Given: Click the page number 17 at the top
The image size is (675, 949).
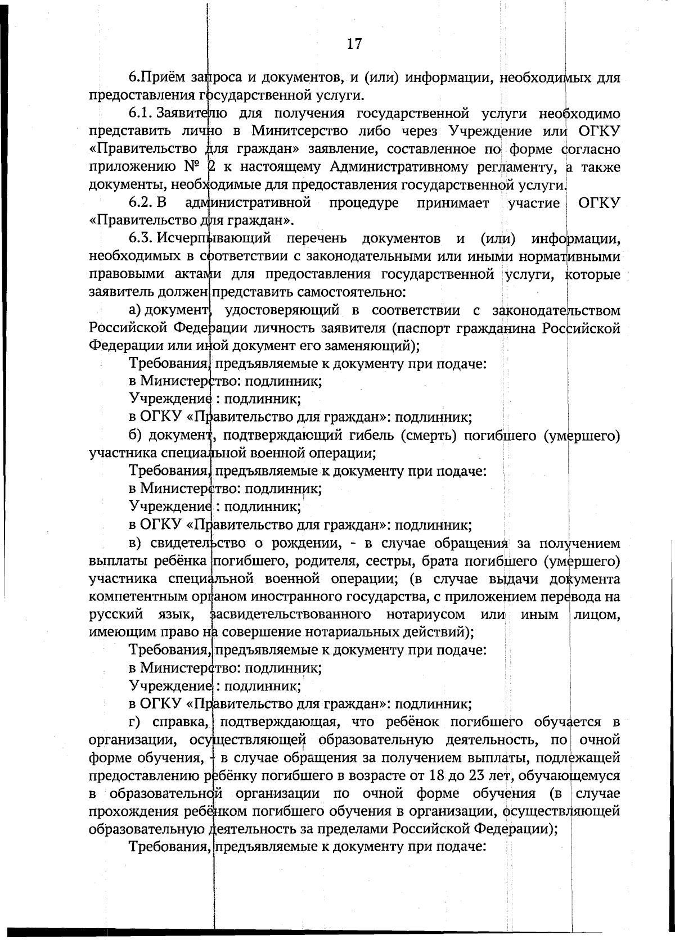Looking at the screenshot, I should pos(354,43).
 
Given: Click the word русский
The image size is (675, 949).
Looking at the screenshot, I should pos(115,614).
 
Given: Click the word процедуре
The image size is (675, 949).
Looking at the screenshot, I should pos(364,203).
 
